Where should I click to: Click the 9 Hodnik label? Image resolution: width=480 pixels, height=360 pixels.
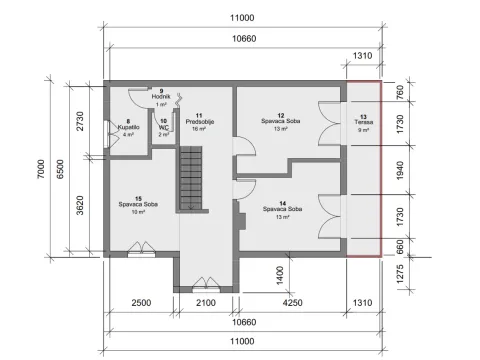click(159, 97)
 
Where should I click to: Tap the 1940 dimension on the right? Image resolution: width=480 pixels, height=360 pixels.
click(401, 171)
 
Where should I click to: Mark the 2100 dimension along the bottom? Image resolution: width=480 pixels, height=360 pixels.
click(204, 303)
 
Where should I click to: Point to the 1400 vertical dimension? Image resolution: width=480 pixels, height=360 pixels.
click(282, 272)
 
